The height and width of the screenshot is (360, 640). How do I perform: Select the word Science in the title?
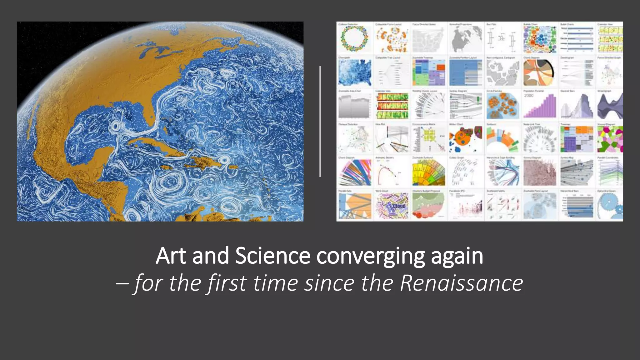(272, 256)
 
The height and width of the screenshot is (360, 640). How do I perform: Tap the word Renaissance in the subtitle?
(461, 283)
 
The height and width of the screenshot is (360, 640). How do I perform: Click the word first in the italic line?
(227, 283)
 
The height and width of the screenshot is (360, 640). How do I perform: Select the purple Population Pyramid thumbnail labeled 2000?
(540, 106)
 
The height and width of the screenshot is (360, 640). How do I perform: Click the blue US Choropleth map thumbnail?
(354, 72)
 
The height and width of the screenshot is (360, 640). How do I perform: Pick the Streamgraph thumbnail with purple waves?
(610, 106)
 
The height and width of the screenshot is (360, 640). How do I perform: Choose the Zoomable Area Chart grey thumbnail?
(354, 106)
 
